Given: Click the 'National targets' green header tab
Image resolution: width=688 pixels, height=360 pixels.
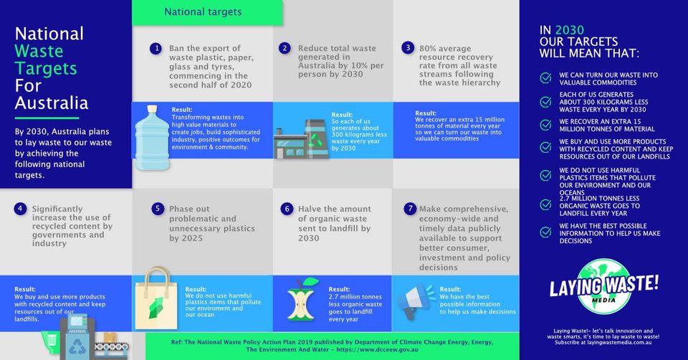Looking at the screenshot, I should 203,12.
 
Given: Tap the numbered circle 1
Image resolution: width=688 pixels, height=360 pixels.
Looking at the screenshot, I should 156,48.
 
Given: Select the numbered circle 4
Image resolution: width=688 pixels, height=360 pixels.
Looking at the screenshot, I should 20,209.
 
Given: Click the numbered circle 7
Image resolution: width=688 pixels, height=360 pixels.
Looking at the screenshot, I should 410,209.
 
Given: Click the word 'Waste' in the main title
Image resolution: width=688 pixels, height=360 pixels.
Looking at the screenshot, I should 39,51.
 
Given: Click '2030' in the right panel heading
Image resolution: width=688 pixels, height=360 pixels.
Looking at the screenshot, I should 569,31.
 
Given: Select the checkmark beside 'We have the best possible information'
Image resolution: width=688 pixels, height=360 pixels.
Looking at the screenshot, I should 546,233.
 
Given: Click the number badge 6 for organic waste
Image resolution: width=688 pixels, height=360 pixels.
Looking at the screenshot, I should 286,209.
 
